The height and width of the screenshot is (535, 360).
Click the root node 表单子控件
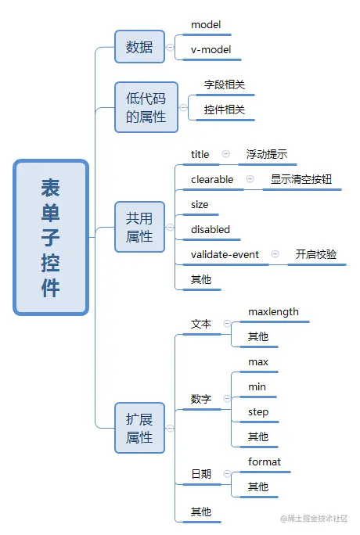(51, 238)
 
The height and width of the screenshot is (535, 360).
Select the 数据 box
(139, 47)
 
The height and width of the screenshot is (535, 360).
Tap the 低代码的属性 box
(146, 107)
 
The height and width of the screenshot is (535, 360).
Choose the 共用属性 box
(139, 227)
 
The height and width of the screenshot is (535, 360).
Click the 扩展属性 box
(139, 428)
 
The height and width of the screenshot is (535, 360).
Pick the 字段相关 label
(225, 84)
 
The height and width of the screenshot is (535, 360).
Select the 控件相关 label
(225, 110)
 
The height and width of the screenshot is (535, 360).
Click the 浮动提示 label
(267, 154)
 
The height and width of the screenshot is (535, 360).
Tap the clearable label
(212, 179)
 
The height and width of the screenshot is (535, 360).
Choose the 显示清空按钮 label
(301, 179)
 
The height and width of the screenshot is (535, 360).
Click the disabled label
(211, 229)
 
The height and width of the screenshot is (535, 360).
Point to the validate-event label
(225, 254)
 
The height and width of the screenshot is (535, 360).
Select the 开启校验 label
(316, 254)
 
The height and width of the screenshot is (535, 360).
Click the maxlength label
(273, 311)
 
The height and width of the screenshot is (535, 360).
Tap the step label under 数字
(258, 411)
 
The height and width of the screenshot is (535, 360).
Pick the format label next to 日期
(265, 461)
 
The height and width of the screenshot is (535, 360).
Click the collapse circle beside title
(225, 154)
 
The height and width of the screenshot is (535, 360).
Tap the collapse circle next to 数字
(225, 399)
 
